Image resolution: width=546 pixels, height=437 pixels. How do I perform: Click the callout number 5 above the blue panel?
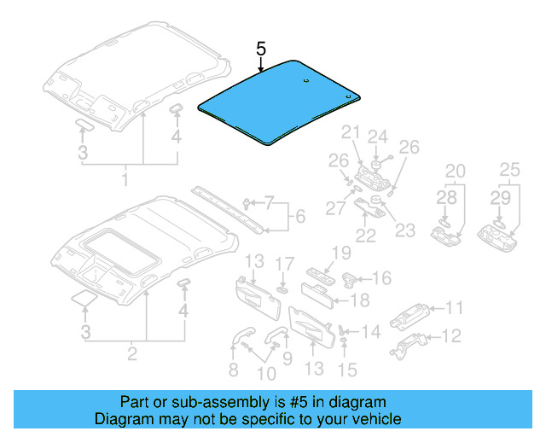coord(262,50)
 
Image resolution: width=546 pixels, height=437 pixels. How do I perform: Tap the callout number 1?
coord(125,181)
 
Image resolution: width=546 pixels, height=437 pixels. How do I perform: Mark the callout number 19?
coord(341,253)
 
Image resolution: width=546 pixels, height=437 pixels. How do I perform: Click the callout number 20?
coord(456,171)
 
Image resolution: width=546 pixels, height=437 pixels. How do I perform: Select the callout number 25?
coord(509,171)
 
